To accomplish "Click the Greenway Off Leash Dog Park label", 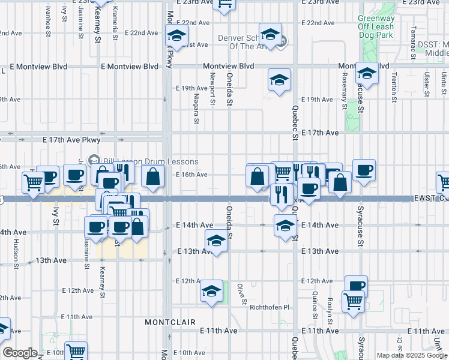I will (376, 26).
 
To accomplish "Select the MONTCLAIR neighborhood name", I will (170, 322).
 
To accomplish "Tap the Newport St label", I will (212, 89).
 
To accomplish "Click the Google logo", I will (20, 353).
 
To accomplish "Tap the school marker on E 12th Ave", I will (211, 292).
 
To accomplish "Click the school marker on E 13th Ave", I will (216, 241).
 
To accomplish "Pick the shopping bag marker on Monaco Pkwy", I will (154, 176).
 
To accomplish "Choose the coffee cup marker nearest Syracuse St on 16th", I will (364, 170).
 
